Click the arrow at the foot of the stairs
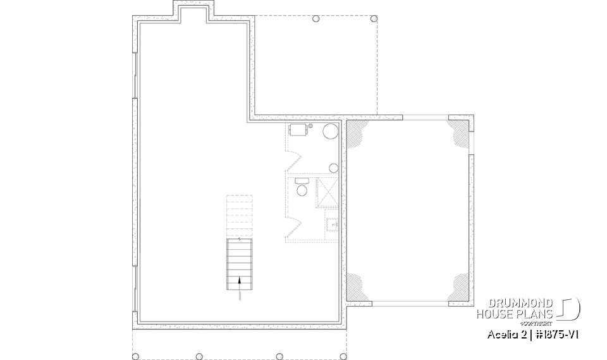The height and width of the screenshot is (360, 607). [x=240, y=280]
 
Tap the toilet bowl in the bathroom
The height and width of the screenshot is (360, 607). [x=302, y=189]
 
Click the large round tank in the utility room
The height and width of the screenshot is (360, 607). [x=331, y=132]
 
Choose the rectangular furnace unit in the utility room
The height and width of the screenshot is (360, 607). [x=298, y=130]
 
